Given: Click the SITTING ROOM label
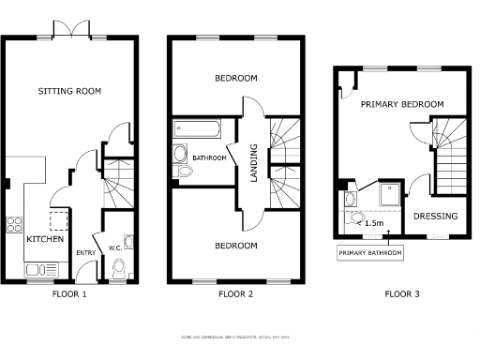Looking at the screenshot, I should click(x=69, y=91).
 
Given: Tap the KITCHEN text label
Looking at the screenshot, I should click(x=45, y=240).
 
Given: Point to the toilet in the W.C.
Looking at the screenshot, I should click(x=118, y=270).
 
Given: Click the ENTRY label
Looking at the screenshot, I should click(x=85, y=252).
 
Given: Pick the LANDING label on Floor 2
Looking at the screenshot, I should click(x=252, y=157).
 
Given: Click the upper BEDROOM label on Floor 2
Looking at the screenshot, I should click(x=235, y=79).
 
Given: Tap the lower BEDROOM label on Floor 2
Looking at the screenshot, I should click(x=235, y=246).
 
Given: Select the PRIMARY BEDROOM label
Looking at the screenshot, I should click(x=401, y=105).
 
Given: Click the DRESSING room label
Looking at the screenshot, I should click(x=436, y=217).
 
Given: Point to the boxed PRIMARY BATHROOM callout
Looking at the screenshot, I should click(x=370, y=253).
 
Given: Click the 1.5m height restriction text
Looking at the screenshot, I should click(x=372, y=223).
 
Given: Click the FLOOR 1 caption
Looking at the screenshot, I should click(x=69, y=294).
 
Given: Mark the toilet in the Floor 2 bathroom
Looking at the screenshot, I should click(x=180, y=157).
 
